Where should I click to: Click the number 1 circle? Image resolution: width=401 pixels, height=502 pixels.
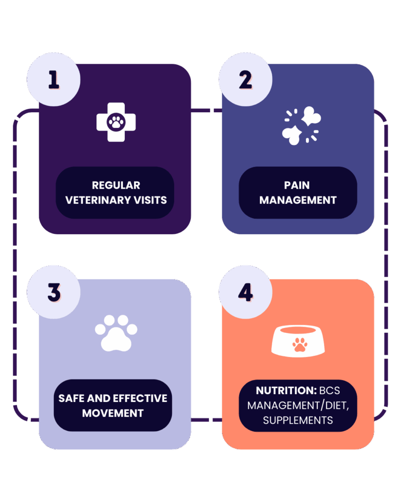click(x=53, y=80)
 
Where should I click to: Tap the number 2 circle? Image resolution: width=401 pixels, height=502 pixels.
click(x=245, y=80)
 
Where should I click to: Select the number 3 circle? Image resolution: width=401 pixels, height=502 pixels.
click(x=53, y=293)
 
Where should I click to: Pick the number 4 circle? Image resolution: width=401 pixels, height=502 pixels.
click(x=245, y=293)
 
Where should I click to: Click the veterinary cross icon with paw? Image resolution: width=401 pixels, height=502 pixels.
click(x=116, y=122)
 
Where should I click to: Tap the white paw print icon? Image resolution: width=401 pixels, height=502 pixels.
click(x=116, y=333)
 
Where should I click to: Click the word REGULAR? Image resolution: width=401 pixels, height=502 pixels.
click(x=116, y=185)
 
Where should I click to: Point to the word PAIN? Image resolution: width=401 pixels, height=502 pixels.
click(x=297, y=185)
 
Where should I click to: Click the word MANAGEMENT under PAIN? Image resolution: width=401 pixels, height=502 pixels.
click(x=298, y=200)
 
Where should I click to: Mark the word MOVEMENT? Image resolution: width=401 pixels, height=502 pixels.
click(x=113, y=413)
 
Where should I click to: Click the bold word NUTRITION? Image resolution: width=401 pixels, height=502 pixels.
click(x=280, y=391)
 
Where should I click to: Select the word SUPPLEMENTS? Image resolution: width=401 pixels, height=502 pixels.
click(x=298, y=420)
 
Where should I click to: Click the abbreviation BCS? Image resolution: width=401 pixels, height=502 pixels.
click(x=330, y=391)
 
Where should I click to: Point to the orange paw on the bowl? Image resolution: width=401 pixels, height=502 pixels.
click(x=300, y=345)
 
